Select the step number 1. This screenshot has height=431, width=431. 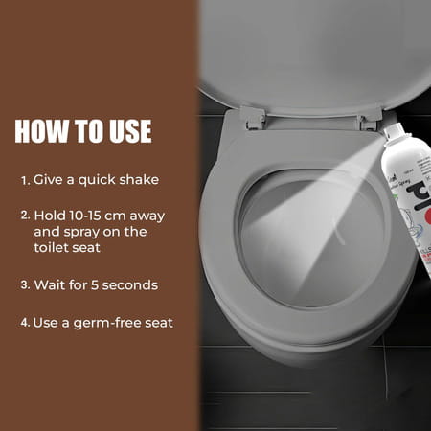[x=25, y=179]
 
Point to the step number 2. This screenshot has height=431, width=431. [x=25, y=215]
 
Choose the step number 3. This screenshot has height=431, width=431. [x=25, y=284]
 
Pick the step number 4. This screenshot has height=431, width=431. [x=25, y=322]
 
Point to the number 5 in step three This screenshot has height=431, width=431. [x=96, y=284]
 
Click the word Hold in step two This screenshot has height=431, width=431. [x=50, y=215]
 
